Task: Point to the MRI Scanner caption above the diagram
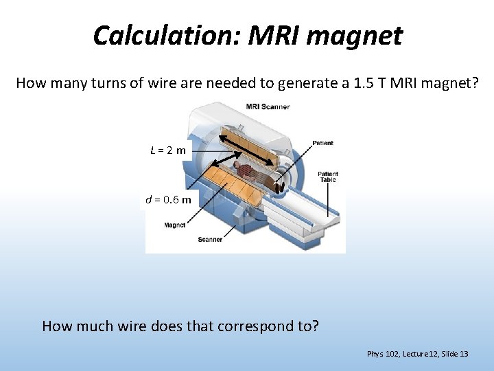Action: [268, 106]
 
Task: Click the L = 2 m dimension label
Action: [168, 150]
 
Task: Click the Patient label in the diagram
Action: [323, 143]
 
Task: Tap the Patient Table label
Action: [327, 177]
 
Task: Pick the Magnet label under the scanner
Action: [174, 225]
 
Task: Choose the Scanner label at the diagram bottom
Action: [210, 240]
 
